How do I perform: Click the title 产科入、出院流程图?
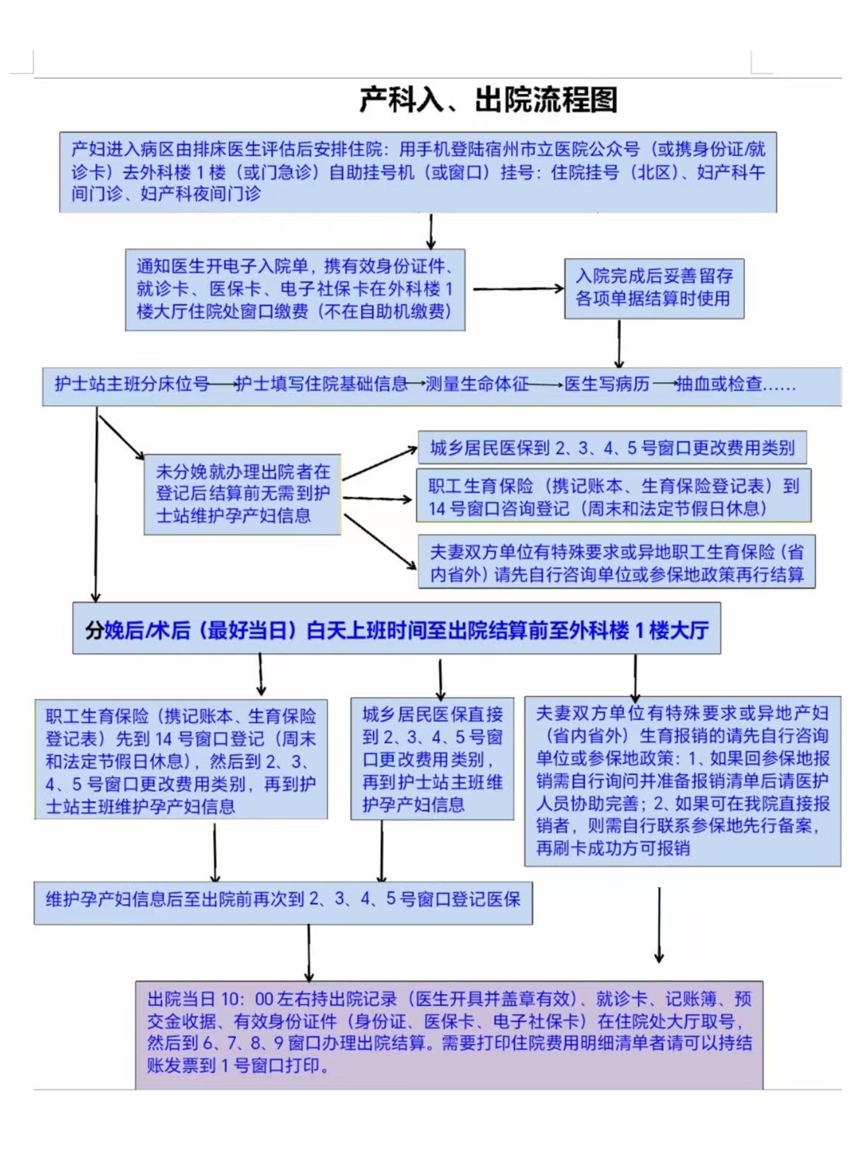pos(488,100)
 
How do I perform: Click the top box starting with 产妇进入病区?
pos(418,171)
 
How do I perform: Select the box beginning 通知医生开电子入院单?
pos(295,289)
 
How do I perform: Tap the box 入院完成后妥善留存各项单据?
pos(654,287)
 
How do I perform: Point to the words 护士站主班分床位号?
pos(132,384)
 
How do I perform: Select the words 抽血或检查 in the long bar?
pos(719,384)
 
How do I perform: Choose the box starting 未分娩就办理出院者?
pos(242,494)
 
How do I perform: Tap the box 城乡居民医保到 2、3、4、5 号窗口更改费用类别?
pos(612,448)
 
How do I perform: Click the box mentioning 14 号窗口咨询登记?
pos(613,496)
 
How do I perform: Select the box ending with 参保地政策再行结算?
pos(616,562)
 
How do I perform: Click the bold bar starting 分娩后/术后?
pos(396,629)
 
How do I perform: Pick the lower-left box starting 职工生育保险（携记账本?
pos(181,760)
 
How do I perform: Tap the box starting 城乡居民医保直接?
pos(432,759)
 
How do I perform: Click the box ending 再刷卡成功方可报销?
pos(682,780)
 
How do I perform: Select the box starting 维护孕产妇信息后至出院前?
pos(283,900)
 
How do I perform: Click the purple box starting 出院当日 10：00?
pos(449,1031)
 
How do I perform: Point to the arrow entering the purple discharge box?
pos(309,952)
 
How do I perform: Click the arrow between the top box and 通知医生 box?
pos(431,231)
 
